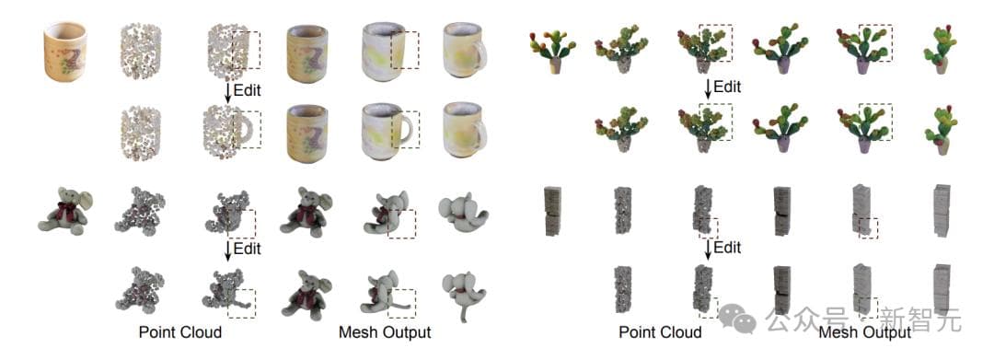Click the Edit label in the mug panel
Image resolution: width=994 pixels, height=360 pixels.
point(248,90)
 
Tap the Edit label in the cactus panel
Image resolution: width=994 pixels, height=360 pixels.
point(727,86)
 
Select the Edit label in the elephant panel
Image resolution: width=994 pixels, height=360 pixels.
point(248,249)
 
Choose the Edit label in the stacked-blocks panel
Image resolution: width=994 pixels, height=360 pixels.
point(727,247)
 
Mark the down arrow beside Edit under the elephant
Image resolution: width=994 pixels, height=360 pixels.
point(227,250)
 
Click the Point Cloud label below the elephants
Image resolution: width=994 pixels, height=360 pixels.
point(180,332)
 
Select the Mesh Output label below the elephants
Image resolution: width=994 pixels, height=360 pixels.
point(385,332)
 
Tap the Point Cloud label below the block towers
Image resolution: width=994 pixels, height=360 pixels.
point(660,332)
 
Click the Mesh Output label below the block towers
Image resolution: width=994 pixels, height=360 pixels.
point(864,332)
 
